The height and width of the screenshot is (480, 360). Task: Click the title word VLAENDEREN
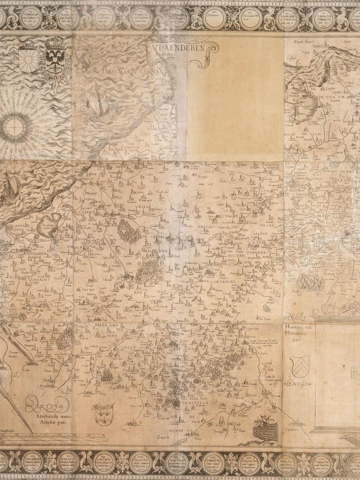click(179, 48)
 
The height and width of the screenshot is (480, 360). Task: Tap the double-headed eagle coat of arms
click(56, 60)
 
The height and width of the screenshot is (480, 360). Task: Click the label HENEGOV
click(298, 384)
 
